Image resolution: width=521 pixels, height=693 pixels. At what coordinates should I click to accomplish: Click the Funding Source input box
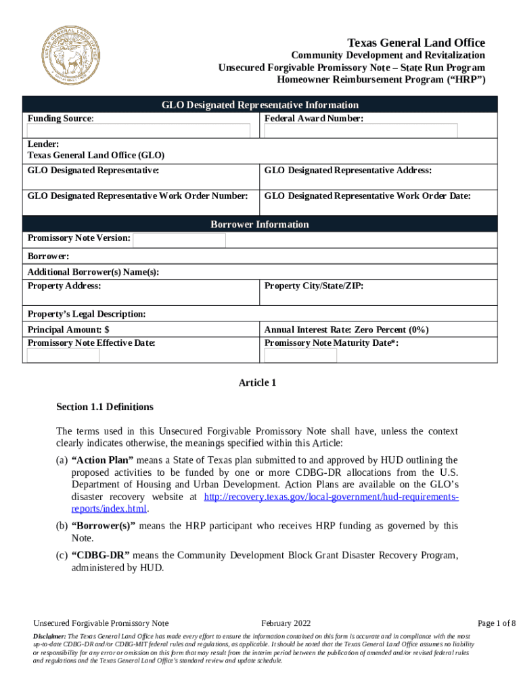[x=138, y=131]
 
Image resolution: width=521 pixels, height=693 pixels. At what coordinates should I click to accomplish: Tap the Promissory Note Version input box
[x=165, y=240]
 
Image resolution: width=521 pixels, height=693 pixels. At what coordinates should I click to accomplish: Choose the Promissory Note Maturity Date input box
[x=300, y=355]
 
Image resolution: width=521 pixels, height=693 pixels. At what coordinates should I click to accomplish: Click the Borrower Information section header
[x=260, y=224]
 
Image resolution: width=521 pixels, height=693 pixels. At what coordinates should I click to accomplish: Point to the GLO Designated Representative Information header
[x=260, y=105]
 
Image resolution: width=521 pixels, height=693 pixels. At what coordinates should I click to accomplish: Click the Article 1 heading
[x=257, y=383]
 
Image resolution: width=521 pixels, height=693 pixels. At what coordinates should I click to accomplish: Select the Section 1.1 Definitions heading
[x=105, y=407]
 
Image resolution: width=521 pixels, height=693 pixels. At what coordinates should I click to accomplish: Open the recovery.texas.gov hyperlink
[x=331, y=497]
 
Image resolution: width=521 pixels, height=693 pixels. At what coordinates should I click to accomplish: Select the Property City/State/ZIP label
[x=314, y=286]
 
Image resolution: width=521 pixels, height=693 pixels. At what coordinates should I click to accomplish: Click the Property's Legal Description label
[x=87, y=314]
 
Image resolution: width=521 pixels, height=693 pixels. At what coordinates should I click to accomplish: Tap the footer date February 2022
[x=286, y=623]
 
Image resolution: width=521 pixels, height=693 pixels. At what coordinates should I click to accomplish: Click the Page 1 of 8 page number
[x=497, y=623]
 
